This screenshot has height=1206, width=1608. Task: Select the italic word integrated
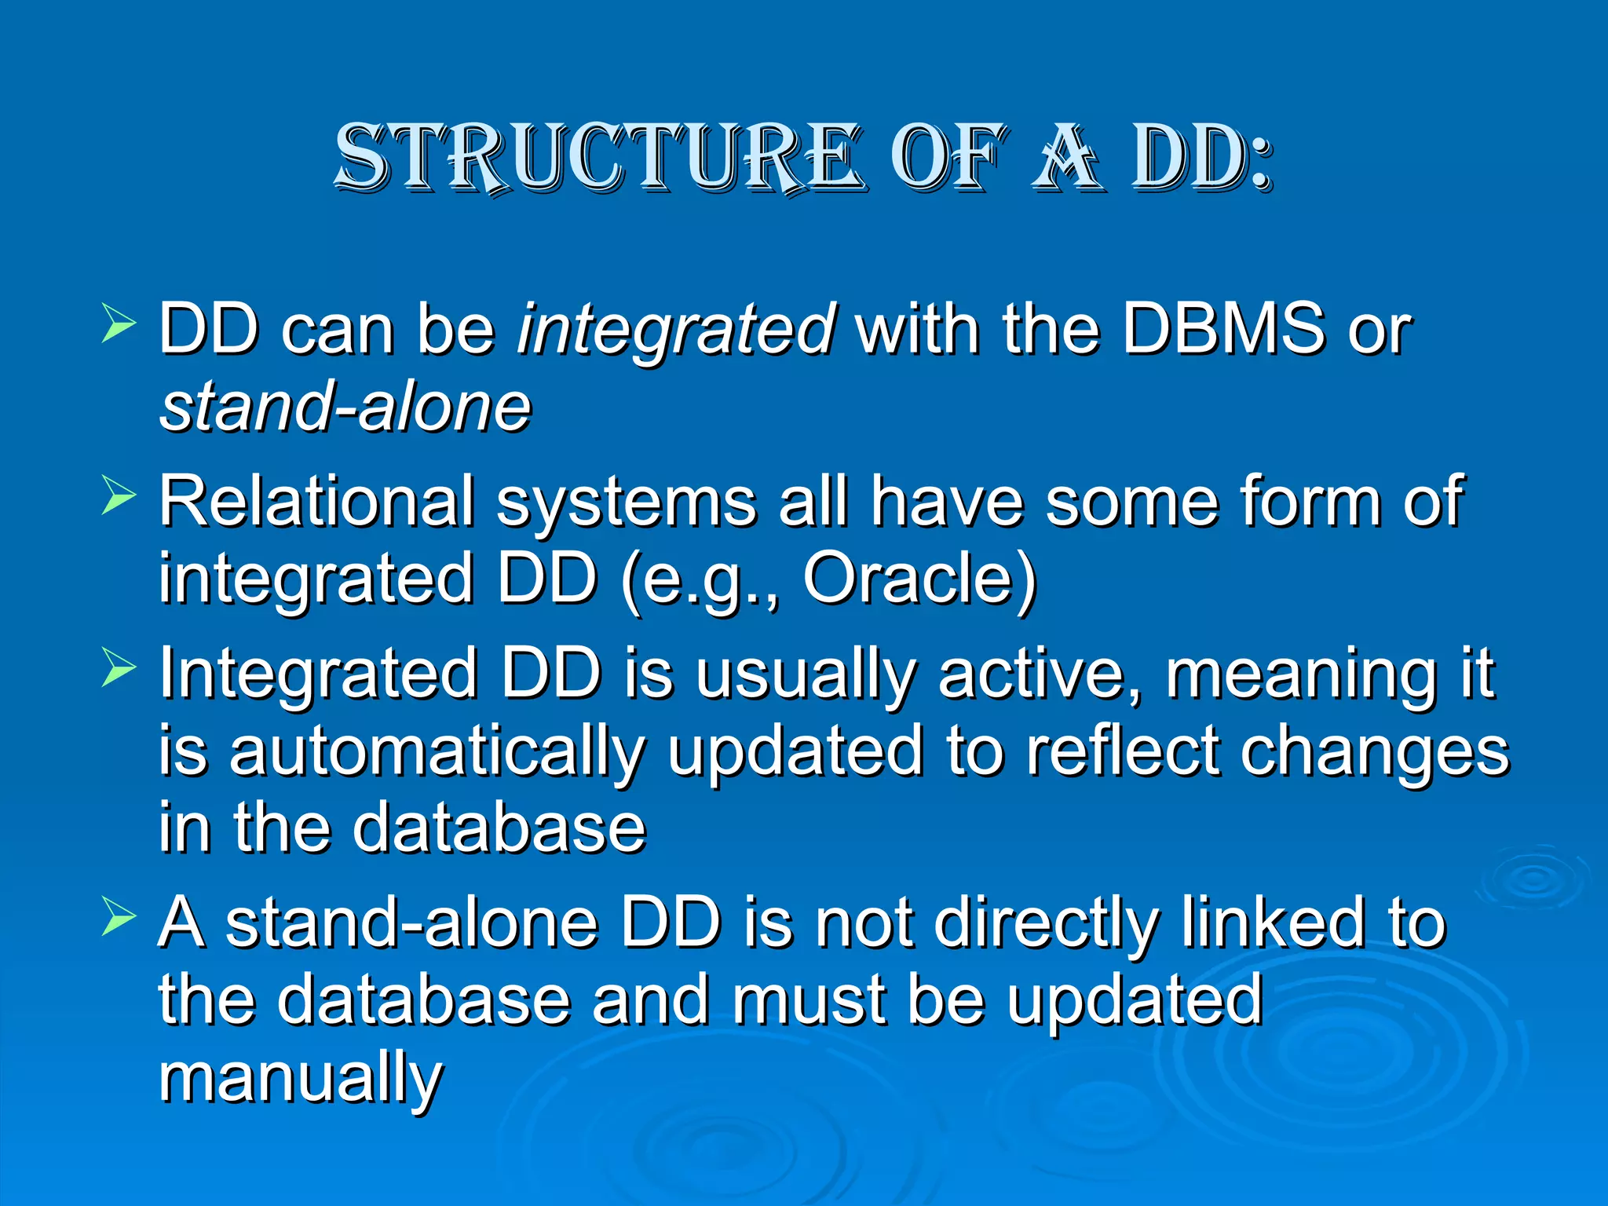point(675,330)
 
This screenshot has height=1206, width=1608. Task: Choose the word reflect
point(1123,751)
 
